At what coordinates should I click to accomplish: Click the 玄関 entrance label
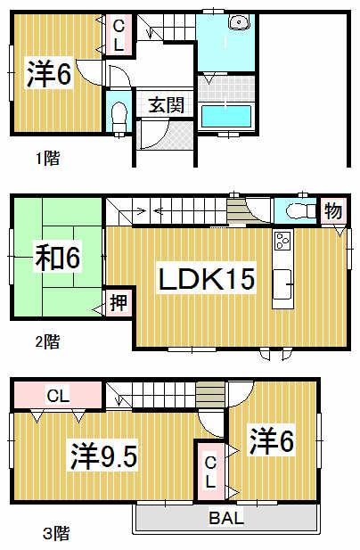pos(165,104)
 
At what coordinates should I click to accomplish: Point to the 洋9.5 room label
pos(103,458)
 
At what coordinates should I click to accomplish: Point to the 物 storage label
pos(332,211)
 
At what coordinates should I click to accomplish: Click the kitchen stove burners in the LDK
pos(283,240)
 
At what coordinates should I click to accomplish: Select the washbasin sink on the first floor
pos(239,24)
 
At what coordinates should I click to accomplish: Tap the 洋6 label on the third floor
pos(272,440)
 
